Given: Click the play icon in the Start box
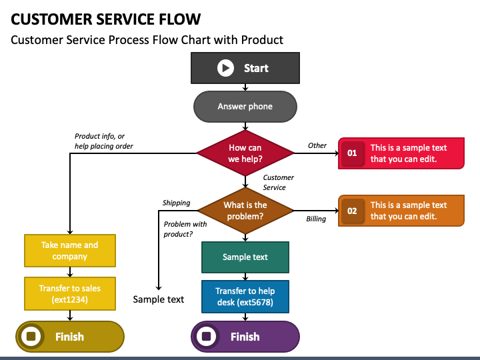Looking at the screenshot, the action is click(x=225, y=68).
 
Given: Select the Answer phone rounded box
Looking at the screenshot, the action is click(x=245, y=107).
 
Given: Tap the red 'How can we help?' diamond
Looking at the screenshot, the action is click(x=245, y=153).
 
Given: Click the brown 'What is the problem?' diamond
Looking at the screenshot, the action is click(x=245, y=211).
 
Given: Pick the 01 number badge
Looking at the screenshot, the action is click(x=353, y=153).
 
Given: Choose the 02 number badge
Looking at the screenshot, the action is click(x=353, y=211).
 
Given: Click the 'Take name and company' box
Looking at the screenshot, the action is click(x=70, y=251).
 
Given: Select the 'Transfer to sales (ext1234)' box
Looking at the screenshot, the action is click(x=70, y=294).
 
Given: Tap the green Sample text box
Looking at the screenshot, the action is click(x=245, y=257).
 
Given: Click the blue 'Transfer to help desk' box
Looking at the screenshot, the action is click(x=245, y=297).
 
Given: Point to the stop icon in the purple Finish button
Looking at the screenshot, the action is click(x=207, y=337).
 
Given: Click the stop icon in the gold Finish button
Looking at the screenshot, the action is click(x=31, y=337).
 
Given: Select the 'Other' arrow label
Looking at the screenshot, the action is click(x=317, y=145).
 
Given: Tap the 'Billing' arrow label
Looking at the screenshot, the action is click(x=316, y=219).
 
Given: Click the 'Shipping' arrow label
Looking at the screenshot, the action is click(x=176, y=203).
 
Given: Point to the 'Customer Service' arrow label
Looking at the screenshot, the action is click(x=278, y=183).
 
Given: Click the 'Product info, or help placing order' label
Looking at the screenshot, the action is click(x=104, y=141).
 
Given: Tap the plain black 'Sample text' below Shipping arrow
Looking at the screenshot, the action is click(x=159, y=299).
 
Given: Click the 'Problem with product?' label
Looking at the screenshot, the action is click(x=185, y=229).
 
